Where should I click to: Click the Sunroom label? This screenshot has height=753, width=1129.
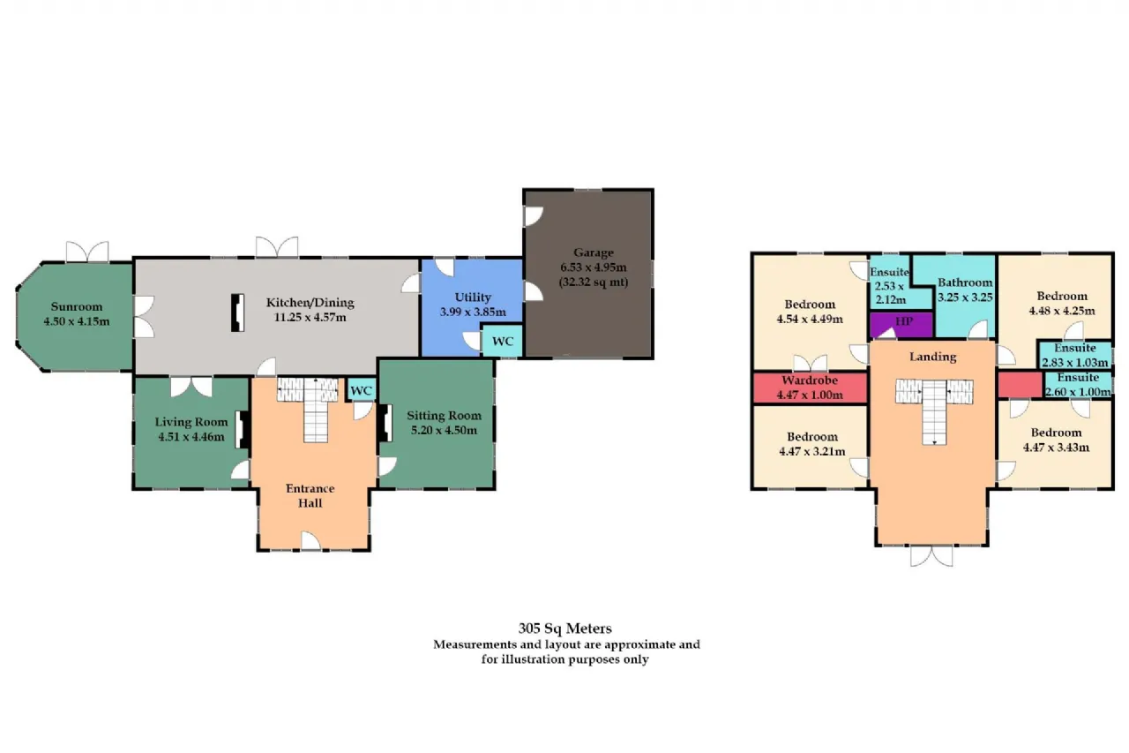tap(77, 306)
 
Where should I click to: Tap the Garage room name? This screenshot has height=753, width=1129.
tap(594, 252)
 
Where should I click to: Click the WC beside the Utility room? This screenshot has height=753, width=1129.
tap(502, 342)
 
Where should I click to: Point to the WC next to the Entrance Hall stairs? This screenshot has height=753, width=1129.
tap(361, 390)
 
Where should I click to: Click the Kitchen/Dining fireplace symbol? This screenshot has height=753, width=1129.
tap(238, 312)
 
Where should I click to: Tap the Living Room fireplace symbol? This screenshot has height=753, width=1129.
tap(243, 430)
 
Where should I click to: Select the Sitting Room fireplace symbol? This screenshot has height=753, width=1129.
tap(386, 423)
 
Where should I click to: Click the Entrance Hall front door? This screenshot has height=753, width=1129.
tap(311, 541)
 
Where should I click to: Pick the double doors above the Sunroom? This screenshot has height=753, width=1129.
tap(87, 252)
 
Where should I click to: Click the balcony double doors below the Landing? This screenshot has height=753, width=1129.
tap(932, 556)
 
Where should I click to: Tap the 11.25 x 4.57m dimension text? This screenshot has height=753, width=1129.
tap(310, 318)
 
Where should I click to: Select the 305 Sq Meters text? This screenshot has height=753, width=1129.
tap(565, 629)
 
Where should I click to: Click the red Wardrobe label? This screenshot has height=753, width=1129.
tap(810, 380)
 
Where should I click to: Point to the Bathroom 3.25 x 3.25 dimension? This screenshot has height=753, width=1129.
tap(965, 297)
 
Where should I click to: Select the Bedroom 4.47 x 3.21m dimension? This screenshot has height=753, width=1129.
tap(812, 451)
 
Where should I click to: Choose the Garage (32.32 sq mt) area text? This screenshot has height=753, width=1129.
tap(594, 282)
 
